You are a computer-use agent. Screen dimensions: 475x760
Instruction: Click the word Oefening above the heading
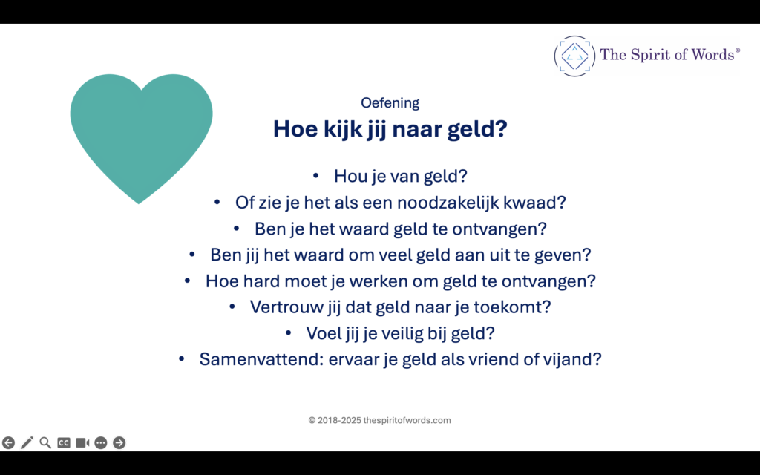390,103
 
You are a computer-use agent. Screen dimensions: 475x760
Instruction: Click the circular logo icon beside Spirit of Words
574,56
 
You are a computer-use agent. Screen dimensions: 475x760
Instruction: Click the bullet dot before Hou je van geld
315,176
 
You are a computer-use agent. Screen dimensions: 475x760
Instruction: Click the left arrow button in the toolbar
8,443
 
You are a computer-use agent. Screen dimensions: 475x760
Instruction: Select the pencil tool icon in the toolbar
27,443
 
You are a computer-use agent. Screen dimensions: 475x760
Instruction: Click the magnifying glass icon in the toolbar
45,443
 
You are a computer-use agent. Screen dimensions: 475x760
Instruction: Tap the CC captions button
64,443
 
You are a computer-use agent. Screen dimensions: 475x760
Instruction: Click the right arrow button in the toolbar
119,443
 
